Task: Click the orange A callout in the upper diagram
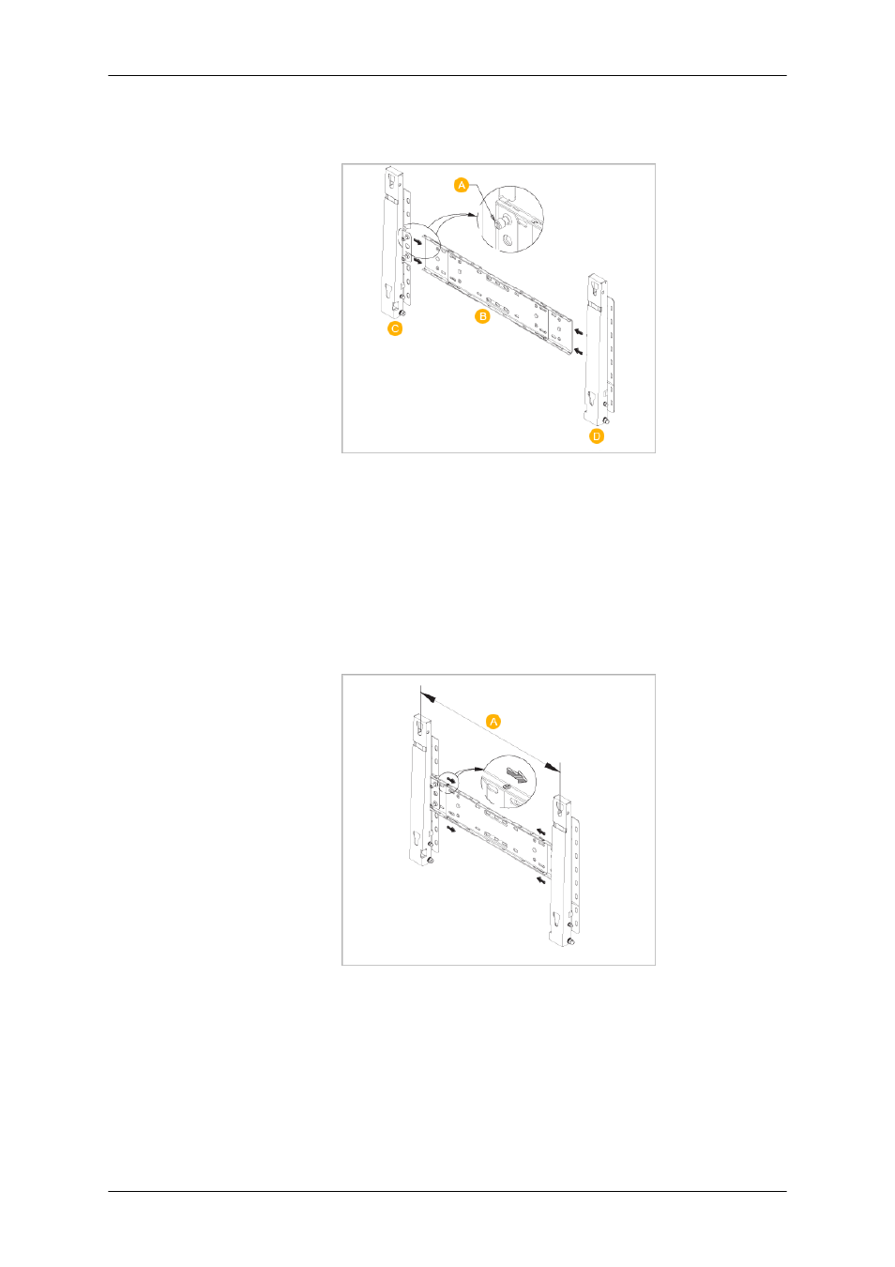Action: (x=462, y=185)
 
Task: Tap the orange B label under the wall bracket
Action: (x=483, y=316)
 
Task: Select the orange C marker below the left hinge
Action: (x=395, y=328)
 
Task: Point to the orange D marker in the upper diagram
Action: (x=597, y=436)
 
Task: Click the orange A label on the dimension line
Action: (x=493, y=722)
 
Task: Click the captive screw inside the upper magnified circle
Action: (x=500, y=221)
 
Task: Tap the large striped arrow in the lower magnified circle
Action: (x=515, y=775)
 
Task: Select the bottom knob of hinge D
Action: (x=604, y=420)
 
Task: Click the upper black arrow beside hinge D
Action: (x=579, y=331)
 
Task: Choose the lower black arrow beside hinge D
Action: (x=579, y=352)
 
